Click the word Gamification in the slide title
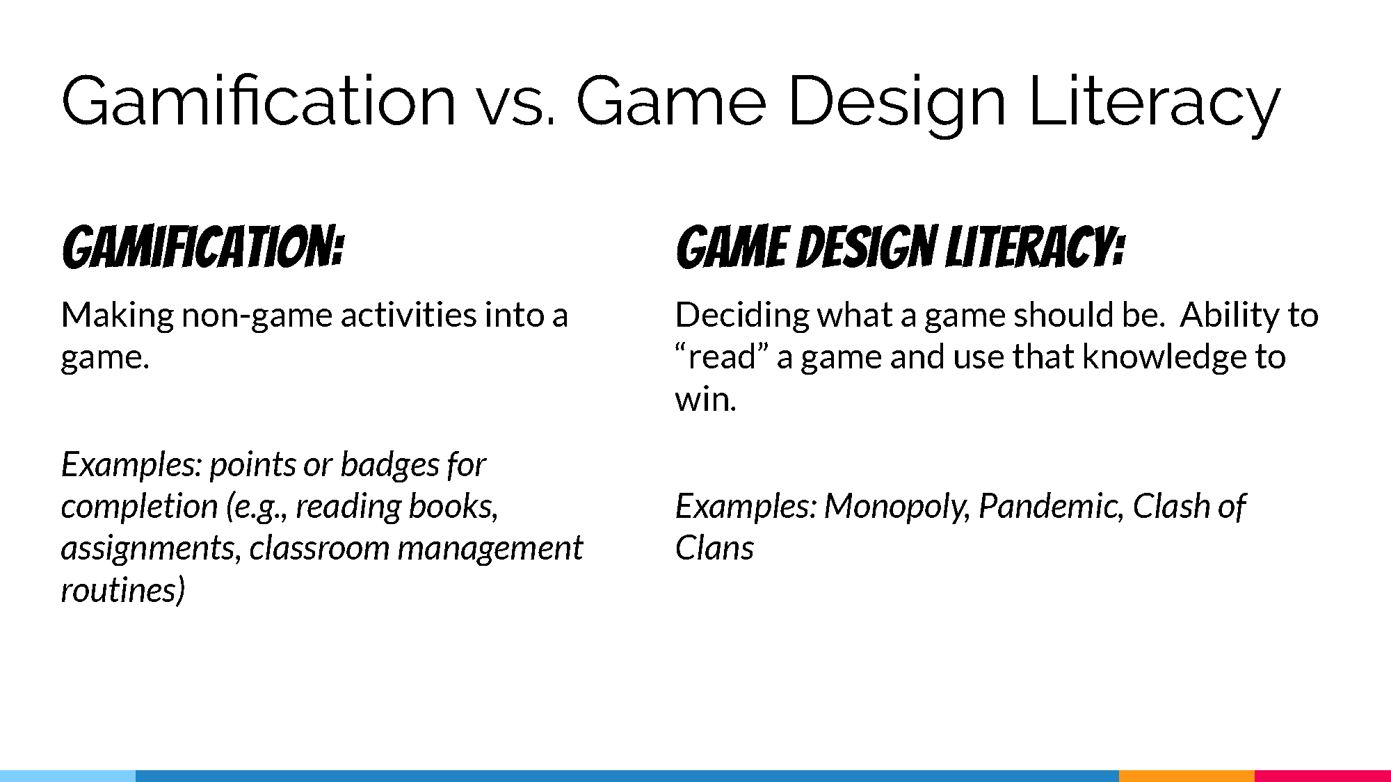pos(259,101)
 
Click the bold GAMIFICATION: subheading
pos(202,247)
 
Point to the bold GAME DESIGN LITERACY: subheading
pos(900,247)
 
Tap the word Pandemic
pos(1051,507)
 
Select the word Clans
pos(714,548)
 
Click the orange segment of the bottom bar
pos(1187,776)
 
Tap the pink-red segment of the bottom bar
pos(1323,776)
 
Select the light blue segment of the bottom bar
pos(67,776)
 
